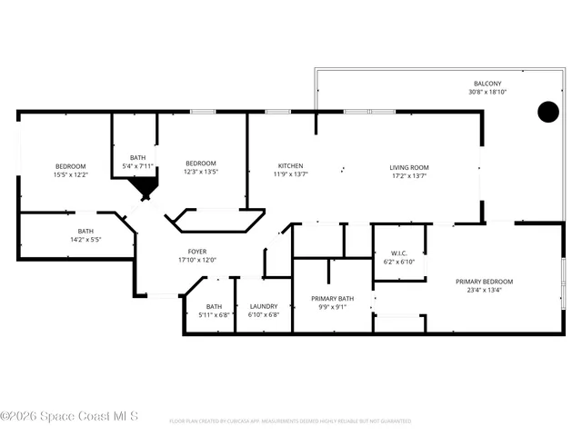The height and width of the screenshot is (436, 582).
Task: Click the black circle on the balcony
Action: (547, 112)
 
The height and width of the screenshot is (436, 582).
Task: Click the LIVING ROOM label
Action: (408, 167)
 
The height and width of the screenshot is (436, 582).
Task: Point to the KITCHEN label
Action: (290, 166)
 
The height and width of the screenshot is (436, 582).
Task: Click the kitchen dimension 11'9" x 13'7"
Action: (290, 175)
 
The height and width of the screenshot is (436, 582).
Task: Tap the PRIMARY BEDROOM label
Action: (484, 282)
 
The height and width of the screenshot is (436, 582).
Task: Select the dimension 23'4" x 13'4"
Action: (484, 291)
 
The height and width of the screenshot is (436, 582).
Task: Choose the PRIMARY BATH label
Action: (331, 298)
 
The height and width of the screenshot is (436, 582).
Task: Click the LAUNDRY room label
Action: (263, 306)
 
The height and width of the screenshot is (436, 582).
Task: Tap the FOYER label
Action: (196, 251)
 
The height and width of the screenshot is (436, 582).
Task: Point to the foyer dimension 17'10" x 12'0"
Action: (196, 260)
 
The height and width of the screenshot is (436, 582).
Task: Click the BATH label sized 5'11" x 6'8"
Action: (214, 306)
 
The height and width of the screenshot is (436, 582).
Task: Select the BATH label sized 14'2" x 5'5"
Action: (85, 232)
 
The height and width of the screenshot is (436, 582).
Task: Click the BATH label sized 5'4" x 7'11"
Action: (137, 157)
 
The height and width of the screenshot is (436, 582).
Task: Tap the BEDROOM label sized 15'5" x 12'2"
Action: (70, 166)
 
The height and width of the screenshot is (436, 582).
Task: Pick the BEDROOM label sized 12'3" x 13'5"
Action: (201, 163)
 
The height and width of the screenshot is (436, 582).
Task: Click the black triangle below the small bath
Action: (143, 188)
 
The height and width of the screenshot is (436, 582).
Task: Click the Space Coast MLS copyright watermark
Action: (69, 416)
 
